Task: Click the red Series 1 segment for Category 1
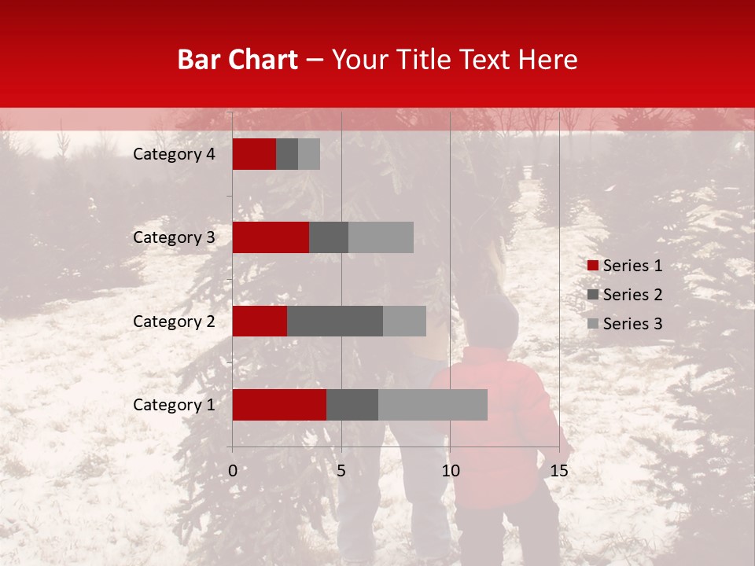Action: coord(279,405)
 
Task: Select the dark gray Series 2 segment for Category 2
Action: coord(335,321)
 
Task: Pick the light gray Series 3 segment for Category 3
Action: coord(381,237)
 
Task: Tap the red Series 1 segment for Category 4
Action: coord(254,154)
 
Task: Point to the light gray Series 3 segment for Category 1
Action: coord(433,405)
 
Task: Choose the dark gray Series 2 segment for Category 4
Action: coord(287,154)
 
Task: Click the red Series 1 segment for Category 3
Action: coord(271,237)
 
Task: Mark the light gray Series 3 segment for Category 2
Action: coord(404,321)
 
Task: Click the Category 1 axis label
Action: coord(173,405)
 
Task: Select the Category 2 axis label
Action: coord(173,321)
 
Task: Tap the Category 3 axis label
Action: coord(173,237)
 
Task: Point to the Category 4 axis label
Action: coord(173,154)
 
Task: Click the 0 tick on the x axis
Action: coord(233,471)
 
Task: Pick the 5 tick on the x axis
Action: coord(341,471)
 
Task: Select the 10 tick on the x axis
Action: coord(450,471)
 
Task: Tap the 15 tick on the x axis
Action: coord(558,471)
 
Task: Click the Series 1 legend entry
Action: coord(625,266)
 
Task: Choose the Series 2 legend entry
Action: coord(625,295)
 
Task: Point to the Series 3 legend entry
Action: coord(625,324)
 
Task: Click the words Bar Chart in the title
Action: coord(238,60)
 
